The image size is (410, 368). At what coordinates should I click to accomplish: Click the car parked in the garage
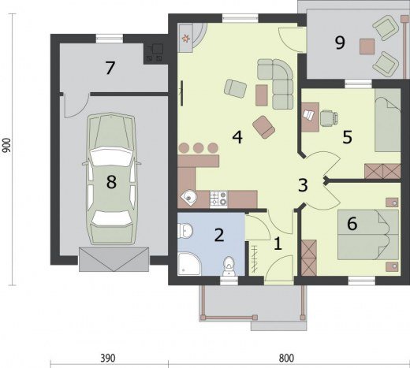[x=111, y=179]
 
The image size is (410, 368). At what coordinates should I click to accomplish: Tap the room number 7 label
[x=110, y=68]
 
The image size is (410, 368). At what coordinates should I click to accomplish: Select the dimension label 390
[x=108, y=358]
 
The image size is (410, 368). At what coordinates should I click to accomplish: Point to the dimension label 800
[x=286, y=358]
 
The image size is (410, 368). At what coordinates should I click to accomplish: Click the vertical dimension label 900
[x=6, y=145]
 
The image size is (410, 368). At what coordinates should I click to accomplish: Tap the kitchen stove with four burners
[x=218, y=199]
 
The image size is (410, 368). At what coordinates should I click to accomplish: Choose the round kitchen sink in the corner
[x=188, y=196]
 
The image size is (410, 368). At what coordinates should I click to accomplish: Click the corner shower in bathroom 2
[x=188, y=264]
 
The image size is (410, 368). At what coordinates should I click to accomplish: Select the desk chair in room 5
[x=329, y=117]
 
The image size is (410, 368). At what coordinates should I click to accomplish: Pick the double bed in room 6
[x=367, y=235]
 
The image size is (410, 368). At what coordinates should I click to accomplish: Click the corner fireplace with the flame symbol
[x=191, y=38]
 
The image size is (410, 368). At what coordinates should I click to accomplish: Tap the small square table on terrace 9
[x=367, y=46]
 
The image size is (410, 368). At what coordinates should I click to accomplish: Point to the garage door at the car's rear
[x=114, y=259]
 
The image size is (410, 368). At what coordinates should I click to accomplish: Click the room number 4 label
[x=237, y=137]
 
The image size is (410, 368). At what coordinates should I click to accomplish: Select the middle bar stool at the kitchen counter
[x=199, y=148]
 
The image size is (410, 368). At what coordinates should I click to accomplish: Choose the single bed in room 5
[x=387, y=120]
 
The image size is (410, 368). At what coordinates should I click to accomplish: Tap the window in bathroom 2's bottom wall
[x=229, y=281]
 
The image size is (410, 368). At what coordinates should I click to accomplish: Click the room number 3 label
[x=303, y=185]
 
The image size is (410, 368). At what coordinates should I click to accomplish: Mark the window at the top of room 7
[x=110, y=39]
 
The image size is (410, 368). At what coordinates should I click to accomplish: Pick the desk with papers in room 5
[x=310, y=117]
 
